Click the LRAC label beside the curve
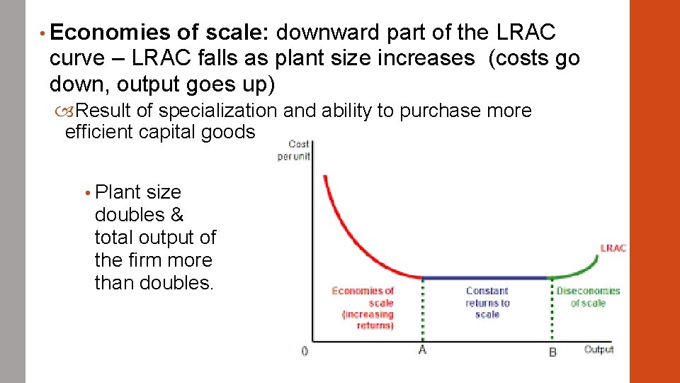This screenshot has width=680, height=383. tap(613, 248)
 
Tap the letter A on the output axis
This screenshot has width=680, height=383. tap(422, 350)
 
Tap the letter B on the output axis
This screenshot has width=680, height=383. tap(552, 352)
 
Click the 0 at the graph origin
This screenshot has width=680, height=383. tap(304, 351)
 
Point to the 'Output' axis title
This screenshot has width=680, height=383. tap(599, 350)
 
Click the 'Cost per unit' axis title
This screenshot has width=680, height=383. tap(294, 150)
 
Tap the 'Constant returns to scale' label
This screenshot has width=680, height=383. tap(487, 302)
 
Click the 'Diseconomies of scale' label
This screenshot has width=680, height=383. tap(588, 296)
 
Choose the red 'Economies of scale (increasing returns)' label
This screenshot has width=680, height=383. tap(362, 308)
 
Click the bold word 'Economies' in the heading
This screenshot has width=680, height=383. tap(110, 33)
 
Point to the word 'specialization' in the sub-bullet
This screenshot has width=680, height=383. tap(217, 111)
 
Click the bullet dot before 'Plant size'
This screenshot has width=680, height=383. tap(86, 193)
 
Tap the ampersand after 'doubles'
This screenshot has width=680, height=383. tap(177, 215)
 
